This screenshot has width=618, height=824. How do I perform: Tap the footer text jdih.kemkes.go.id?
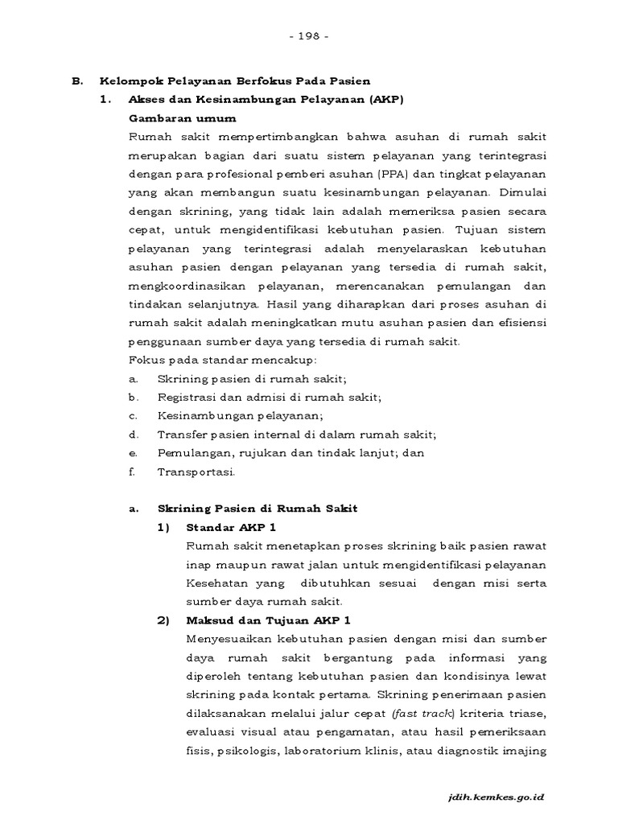click(x=497, y=796)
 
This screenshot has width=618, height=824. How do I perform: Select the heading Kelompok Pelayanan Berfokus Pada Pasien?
click(x=234, y=81)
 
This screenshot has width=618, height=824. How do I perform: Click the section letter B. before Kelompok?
click(x=77, y=81)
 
